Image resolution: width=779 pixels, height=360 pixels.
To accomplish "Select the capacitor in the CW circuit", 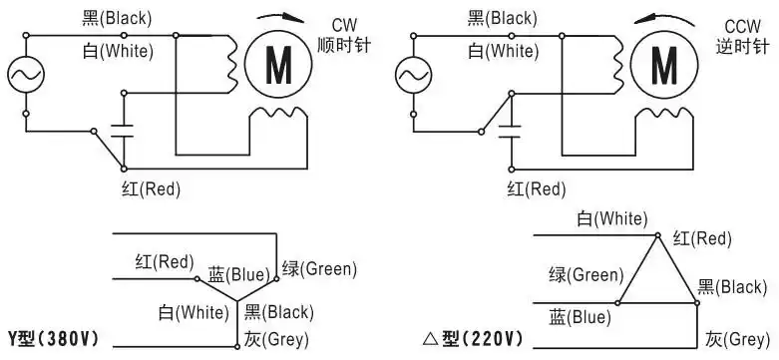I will point(124,128).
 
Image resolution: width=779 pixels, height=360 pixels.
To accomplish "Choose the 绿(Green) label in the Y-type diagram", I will point(319,268).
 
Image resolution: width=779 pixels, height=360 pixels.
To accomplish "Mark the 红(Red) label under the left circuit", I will point(149,187).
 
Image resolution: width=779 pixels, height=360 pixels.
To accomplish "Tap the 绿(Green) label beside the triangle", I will point(585,274).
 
